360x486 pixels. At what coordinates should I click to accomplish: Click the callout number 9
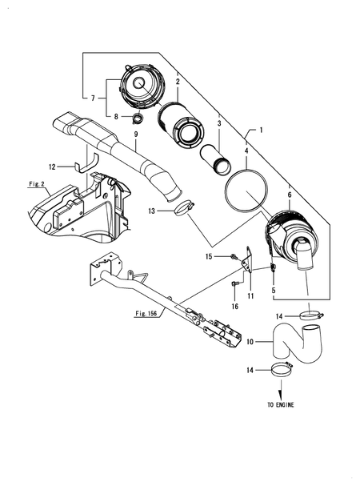pos(136,135)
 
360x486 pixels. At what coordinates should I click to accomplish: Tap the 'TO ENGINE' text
pos(281,404)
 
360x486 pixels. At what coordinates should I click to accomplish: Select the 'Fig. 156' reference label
pos(146,313)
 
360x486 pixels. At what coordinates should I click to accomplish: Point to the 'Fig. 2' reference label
pos(37,184)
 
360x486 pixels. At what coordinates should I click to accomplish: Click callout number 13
pos(151,211)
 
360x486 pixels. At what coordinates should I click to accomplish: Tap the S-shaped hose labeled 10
pos(298,344)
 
